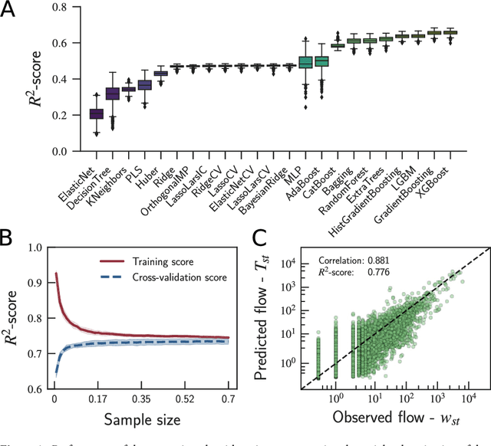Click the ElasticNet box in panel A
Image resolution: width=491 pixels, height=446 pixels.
(x=96, y=114)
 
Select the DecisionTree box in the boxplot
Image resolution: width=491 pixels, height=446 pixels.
(x=113, y=93)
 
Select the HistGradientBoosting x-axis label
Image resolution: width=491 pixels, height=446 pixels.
(x=368, y=195)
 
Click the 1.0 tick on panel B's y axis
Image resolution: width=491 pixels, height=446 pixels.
(x=34, y=247)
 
